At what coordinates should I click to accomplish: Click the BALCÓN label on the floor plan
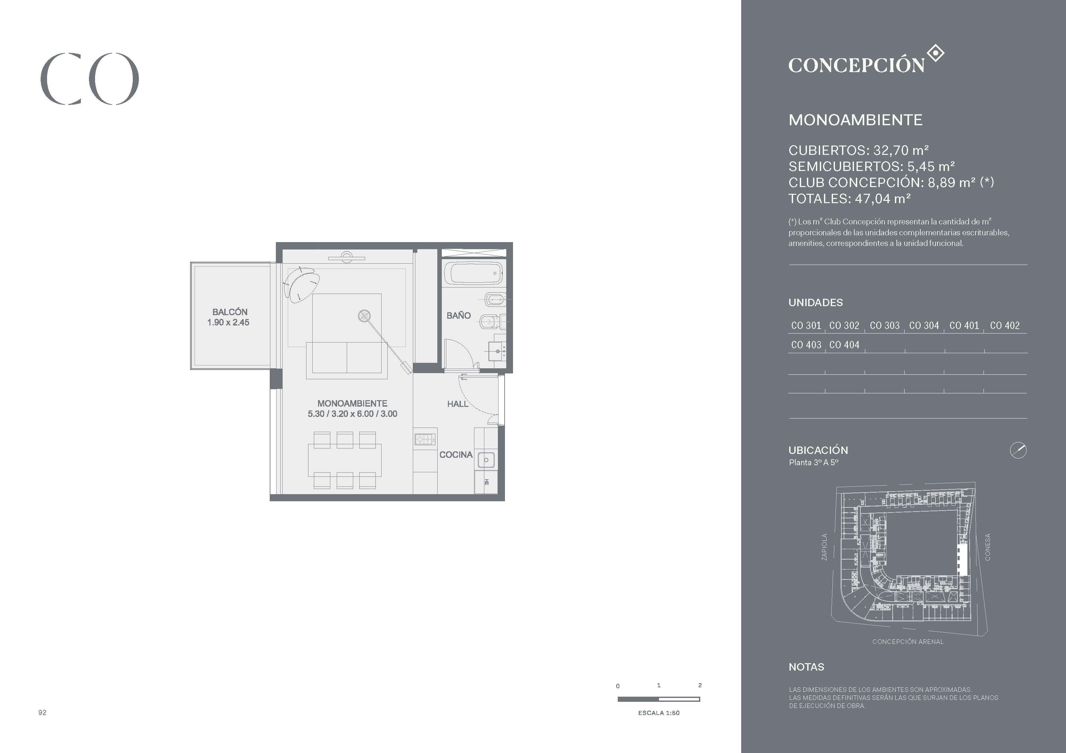click(230, 312)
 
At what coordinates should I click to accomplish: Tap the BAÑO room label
click(458, 315)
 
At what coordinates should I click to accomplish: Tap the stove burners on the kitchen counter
click(425, 439)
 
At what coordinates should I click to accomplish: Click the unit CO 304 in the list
click(924, 326)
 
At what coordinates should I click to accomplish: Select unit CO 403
click(806, 345)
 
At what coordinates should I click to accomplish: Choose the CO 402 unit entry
click(1005, 326)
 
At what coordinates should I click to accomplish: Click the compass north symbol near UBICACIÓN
click(1018, 450)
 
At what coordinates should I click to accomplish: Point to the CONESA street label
click(988, 547)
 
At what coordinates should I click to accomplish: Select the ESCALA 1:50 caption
click(658, 713)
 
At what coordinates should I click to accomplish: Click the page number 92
click(42, 712)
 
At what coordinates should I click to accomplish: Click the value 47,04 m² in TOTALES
click(883, 199)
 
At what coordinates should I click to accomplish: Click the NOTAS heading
click(807, 667)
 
